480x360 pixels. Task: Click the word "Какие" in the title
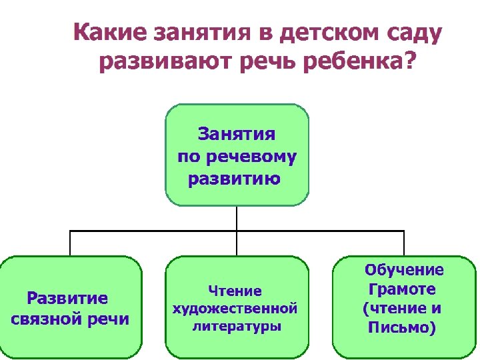click(x=107, y=32)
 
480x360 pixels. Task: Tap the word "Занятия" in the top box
click(x=237, y=135)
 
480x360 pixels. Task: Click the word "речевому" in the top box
click(x=253, y=157)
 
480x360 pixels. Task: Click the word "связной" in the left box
click(x=49, y=318)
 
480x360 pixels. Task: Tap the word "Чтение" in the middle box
click(x=235, y=291)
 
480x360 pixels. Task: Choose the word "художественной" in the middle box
click(x=235, y=309)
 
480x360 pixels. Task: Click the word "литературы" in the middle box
click(x=236, y=327)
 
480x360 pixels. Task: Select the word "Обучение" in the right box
click(x=404, y=270)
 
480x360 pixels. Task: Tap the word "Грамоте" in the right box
click(x=402, y=289)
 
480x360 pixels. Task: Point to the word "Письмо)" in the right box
click(x=402, y=328)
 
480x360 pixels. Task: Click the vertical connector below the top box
click(x=237, y=217)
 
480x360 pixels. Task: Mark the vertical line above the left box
click(x=70, y=243)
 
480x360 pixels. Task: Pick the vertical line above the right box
click(x=403, y=243)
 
